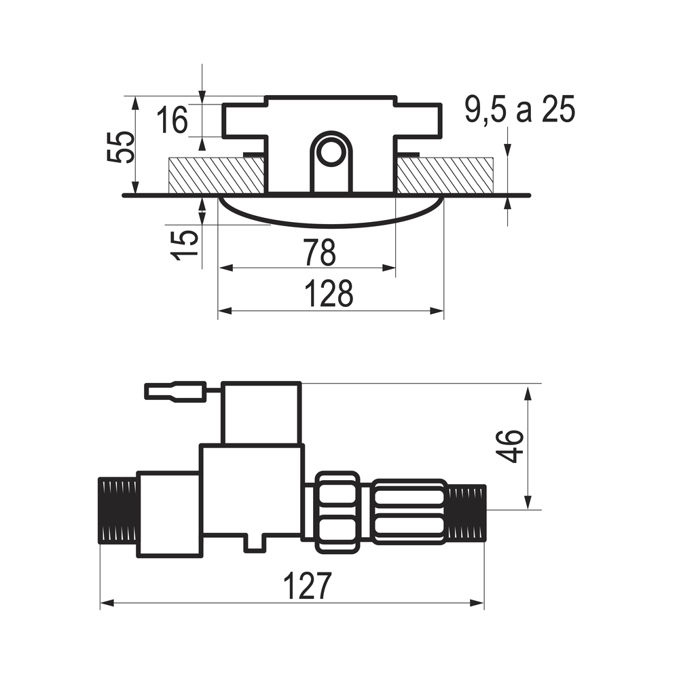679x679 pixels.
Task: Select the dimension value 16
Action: (172, 120)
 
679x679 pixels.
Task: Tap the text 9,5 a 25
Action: (520, 110)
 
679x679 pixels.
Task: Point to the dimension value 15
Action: (185, 245)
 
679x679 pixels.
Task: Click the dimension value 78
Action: (320, 253)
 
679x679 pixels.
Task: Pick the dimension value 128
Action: (329, 293)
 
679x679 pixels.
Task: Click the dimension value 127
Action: (308, 586)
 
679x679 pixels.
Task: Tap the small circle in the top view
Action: (331, 151)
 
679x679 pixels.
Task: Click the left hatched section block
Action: (216, 175)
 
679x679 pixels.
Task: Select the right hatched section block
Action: (445, 175)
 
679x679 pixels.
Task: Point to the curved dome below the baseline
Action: (331, 211)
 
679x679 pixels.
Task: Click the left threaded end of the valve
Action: (117, 510)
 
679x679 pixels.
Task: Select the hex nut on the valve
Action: (337, 512)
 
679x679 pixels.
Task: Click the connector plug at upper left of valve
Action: (175, 392)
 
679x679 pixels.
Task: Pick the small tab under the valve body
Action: (255, 543)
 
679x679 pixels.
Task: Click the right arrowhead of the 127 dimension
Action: (477, 603)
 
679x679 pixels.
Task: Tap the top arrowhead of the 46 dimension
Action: (528, 394)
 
